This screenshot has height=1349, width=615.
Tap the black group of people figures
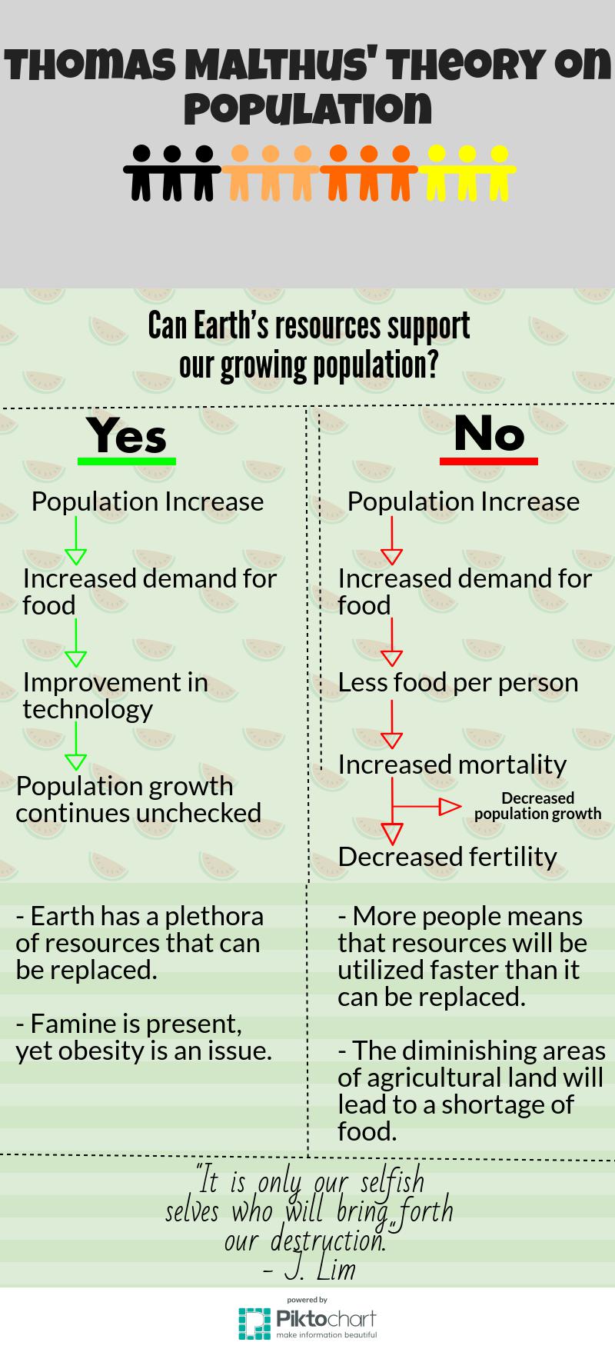(x=172, y=172)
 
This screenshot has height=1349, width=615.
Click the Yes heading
(x=127, y=435)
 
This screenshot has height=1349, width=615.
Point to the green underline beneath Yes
(x=127, y=461)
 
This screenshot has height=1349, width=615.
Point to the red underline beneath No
(x=489, y=461)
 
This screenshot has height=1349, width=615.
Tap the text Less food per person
(x=458, y=682)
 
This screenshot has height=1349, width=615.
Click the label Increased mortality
(x=452, y=764)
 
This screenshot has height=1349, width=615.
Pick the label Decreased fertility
(x=447, y=856)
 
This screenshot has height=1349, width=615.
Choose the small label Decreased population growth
(x=537, y=805)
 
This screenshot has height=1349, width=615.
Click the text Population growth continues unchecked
(x=138, y=799)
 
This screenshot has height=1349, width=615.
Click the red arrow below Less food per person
(x=392, y=726)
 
